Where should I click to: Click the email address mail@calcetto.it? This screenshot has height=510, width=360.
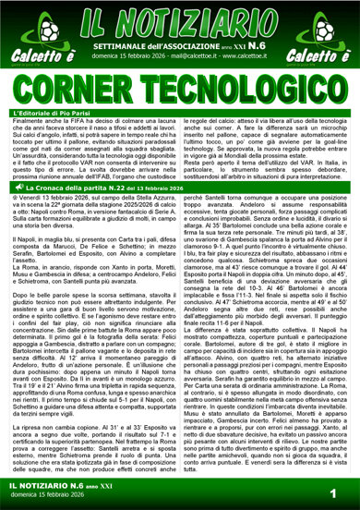[185, 54]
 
